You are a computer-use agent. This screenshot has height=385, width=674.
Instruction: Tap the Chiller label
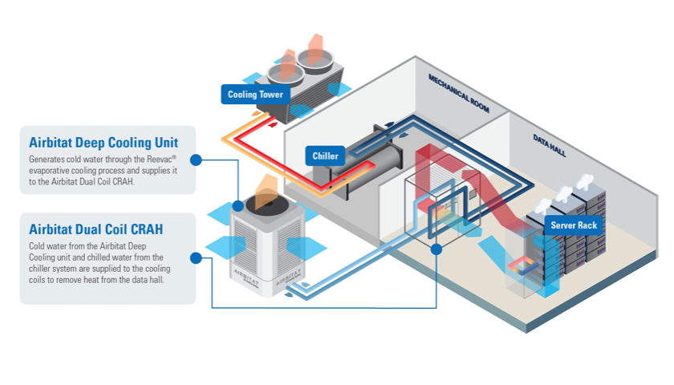click(x=324, y=156)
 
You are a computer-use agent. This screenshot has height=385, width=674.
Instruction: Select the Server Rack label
click(x=573, y=225)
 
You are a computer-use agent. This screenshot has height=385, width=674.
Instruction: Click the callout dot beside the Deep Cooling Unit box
click(x=196, y=160)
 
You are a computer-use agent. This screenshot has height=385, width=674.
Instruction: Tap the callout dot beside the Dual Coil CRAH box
click(x=196, y=257)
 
